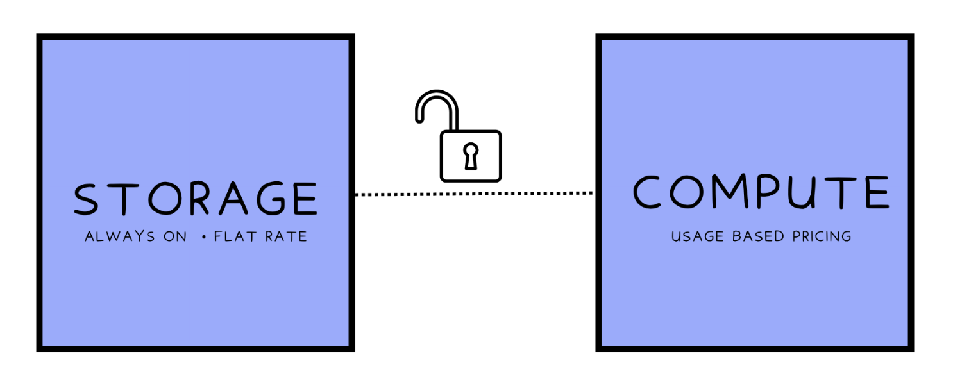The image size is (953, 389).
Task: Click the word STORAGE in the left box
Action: (196, 199)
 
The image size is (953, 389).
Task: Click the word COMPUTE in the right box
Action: (761, 192)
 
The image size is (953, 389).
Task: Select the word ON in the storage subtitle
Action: (175, 236)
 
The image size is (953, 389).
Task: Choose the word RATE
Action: (286, 236)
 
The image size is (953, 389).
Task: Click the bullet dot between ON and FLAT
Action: (204, 237)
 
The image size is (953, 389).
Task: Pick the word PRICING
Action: (822, 236)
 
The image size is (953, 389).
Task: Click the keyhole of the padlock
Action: (471, 156)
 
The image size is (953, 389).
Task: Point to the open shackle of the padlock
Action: (437, 93)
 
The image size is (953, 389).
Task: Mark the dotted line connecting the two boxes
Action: (475, 194)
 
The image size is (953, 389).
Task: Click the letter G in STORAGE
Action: (271, 199)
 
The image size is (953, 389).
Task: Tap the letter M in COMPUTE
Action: (730, 192)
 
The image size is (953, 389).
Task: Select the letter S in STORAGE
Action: (87, 199)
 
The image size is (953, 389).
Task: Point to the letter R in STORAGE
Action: (199, 199)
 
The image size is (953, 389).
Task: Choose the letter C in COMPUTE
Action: (646, 192)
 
